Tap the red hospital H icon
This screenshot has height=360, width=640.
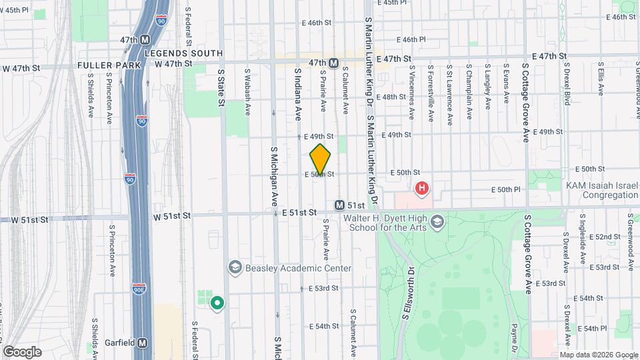pyautogui.click(x=421, y=189)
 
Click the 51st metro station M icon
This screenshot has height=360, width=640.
pyautogui.click(x=340, y=206)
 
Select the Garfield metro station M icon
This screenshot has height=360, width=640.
pyautogui.click(x=143, y=343)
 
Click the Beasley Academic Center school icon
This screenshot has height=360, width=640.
pyautogui.click(x=235, y=267)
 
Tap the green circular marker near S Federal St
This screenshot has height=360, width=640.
pyautogui.click(x=217, y=304)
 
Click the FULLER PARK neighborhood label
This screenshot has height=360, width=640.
pyautogui.click(x=109, y=65)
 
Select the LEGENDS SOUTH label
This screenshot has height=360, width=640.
pyautogui.click(x=183, y=53)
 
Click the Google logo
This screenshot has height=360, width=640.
pyautogui.click(x=21, y=351)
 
